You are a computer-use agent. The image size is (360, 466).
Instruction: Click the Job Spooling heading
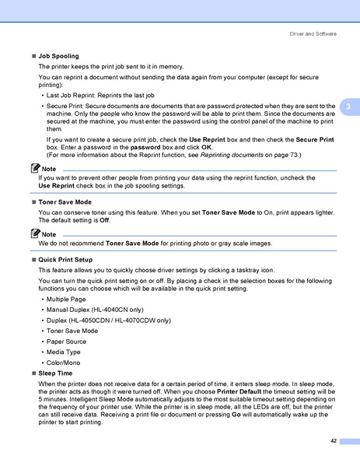click(58, 57)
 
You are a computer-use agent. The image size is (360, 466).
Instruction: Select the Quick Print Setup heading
click(65, 258)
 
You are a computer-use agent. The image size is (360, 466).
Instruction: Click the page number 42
click(333, 441)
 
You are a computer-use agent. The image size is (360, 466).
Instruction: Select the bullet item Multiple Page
click(67, 299)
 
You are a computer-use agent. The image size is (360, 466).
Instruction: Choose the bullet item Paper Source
click(67, 341)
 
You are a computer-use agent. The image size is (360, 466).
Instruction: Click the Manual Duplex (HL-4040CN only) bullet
click(98, 309)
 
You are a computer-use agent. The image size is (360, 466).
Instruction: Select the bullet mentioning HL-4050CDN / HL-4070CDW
click(108, 320)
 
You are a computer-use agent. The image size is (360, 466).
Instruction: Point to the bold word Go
click(236, 415)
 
